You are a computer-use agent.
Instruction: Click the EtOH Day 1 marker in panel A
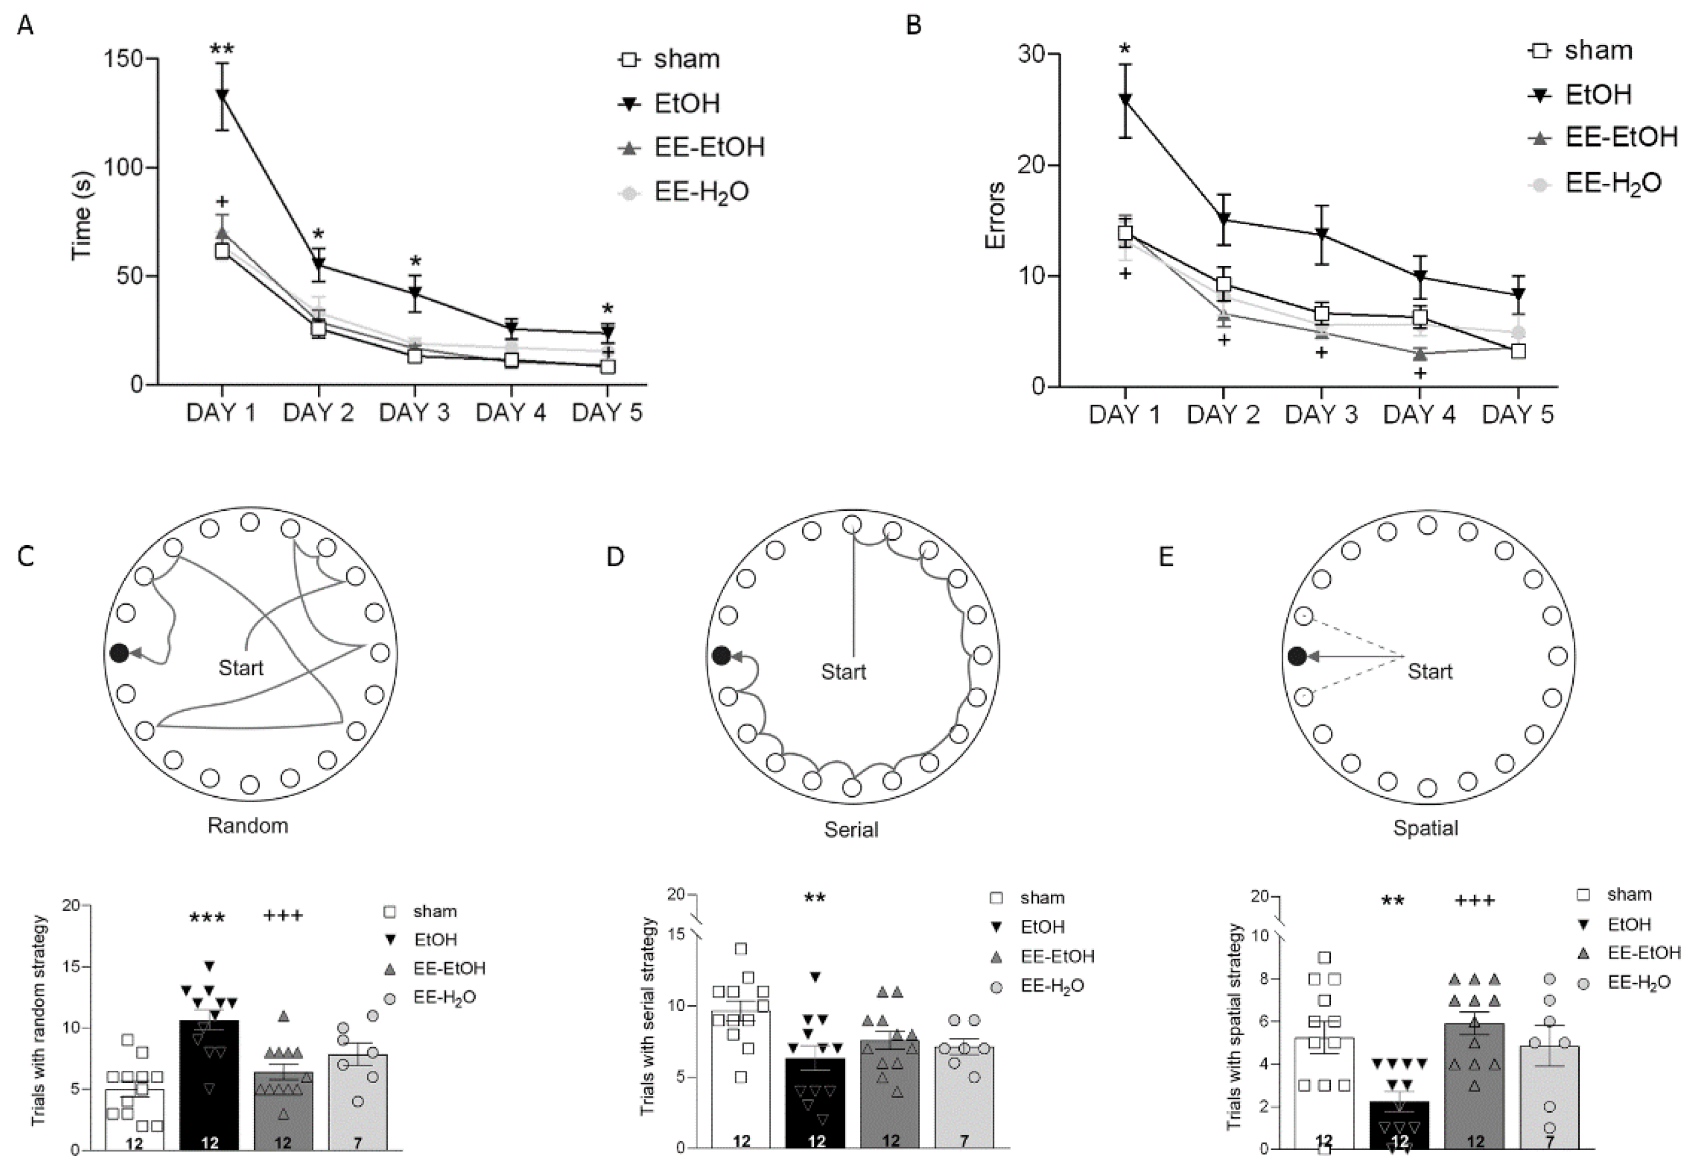point(221,95)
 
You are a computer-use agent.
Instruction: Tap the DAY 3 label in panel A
point(414,413)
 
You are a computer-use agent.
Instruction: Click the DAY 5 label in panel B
point(1517,415)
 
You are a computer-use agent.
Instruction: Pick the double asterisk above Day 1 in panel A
point(222,50)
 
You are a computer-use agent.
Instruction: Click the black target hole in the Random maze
point(119,653)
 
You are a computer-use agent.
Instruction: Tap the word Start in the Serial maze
point(843,671)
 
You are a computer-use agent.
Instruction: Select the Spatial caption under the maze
point(1425,828)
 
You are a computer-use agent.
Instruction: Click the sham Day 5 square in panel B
point(1518,351)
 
